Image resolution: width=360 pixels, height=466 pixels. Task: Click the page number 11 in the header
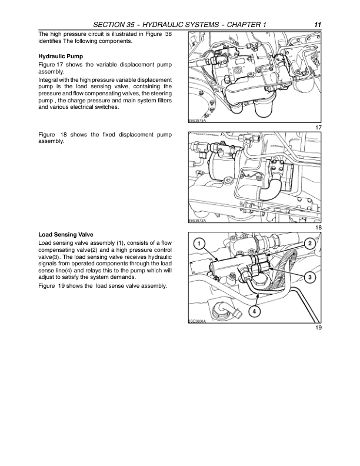317,24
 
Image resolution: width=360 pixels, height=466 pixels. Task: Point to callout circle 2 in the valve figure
309,244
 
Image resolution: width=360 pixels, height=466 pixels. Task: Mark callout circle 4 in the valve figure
254,310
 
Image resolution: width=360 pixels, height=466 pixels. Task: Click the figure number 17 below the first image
318,128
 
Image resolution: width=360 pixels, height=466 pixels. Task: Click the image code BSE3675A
197,120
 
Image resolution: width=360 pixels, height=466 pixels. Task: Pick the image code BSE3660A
197,320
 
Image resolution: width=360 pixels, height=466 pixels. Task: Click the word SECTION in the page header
113,24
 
